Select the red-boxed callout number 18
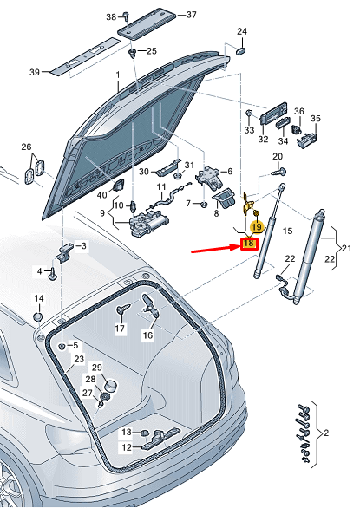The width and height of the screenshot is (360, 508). [248, 244]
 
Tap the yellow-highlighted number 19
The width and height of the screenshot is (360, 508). [256, 227]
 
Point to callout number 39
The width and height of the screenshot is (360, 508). [35, 72]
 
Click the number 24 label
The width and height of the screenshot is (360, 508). [242, 32]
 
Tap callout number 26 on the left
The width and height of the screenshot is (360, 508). [26, 147]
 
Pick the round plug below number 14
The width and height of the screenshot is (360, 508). [38, 315]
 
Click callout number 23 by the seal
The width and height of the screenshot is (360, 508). [78, 358]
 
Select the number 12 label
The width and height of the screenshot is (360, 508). [126, 447]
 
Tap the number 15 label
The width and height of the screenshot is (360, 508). [289, 231]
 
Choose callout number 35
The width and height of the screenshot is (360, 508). [316, 119]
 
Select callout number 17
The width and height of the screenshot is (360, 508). [120, 329]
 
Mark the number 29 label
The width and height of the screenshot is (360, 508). [97, 368]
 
